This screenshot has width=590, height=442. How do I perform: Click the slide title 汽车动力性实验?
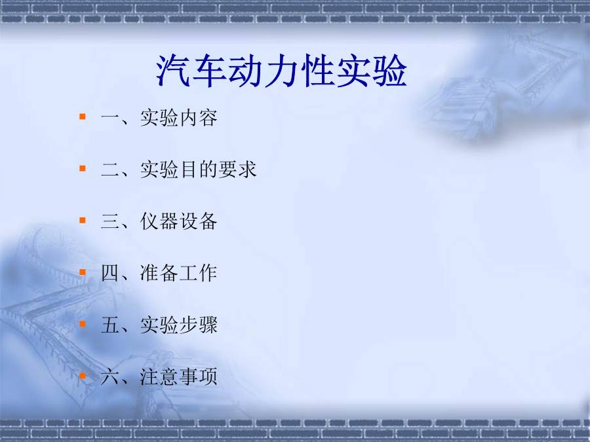tap(281, 71)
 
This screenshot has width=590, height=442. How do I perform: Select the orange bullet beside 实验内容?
tap(83, 117)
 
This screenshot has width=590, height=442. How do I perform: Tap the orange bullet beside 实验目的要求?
tap(83, 168)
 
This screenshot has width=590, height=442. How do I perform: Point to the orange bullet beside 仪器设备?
tap(83, 220)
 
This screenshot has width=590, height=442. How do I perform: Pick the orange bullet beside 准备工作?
tap(83, 272)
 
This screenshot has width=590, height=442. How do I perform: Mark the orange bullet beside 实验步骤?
tap(83, 324)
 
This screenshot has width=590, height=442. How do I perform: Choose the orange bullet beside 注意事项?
tap(83, 376)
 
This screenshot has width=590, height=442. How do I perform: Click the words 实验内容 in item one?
tap(179, 118)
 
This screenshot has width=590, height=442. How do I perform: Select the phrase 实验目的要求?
tap(198, 170)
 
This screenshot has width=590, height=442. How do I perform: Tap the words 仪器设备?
tap(179, 221)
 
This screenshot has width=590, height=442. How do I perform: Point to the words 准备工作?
tap(179, 273)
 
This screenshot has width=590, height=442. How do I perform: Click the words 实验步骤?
tap(179, 325)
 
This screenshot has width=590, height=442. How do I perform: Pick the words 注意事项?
tap(179, 377)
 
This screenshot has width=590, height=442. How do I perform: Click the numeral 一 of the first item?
tap(110, 118)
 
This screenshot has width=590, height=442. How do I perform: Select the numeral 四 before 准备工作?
tap(110, 273)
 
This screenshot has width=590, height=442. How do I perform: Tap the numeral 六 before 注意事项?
tap(110, 377)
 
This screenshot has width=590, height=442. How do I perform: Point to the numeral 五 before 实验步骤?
tap(110, 325)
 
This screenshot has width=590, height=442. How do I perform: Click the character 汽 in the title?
tap(173, 71)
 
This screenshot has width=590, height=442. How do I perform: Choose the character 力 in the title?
tap(281, 71)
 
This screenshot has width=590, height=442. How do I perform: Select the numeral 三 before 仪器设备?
tap(110, 221)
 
